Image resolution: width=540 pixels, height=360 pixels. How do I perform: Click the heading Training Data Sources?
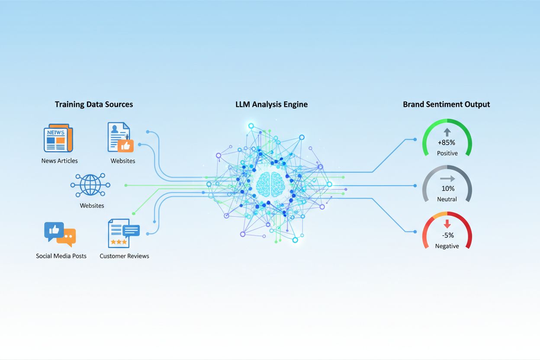(94, 104)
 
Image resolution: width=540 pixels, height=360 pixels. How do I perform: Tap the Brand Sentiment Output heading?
(447, 104)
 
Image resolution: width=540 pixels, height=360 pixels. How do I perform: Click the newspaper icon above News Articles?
(58, 138)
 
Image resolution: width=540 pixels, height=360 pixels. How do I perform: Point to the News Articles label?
(60, 161)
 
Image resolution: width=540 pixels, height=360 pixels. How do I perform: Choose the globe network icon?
(90, 185)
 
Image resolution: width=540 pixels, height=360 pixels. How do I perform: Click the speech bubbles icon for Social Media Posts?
(60, 235)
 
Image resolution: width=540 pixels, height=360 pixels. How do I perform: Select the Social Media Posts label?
(61, 256)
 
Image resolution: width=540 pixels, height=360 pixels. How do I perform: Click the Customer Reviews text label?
(124, 256)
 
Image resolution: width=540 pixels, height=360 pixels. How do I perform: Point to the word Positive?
(447, 153)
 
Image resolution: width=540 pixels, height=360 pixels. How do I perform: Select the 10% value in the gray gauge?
(448, 189)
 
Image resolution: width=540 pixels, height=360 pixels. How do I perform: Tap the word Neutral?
(447, 199)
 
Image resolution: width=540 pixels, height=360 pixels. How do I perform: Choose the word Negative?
(447, 246)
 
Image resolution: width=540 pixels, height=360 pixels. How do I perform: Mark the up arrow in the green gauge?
(447, 132)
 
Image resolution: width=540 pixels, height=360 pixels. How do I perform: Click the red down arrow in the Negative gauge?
(447, 224)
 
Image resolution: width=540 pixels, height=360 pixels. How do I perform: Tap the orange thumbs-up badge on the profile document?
(125, 146)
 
